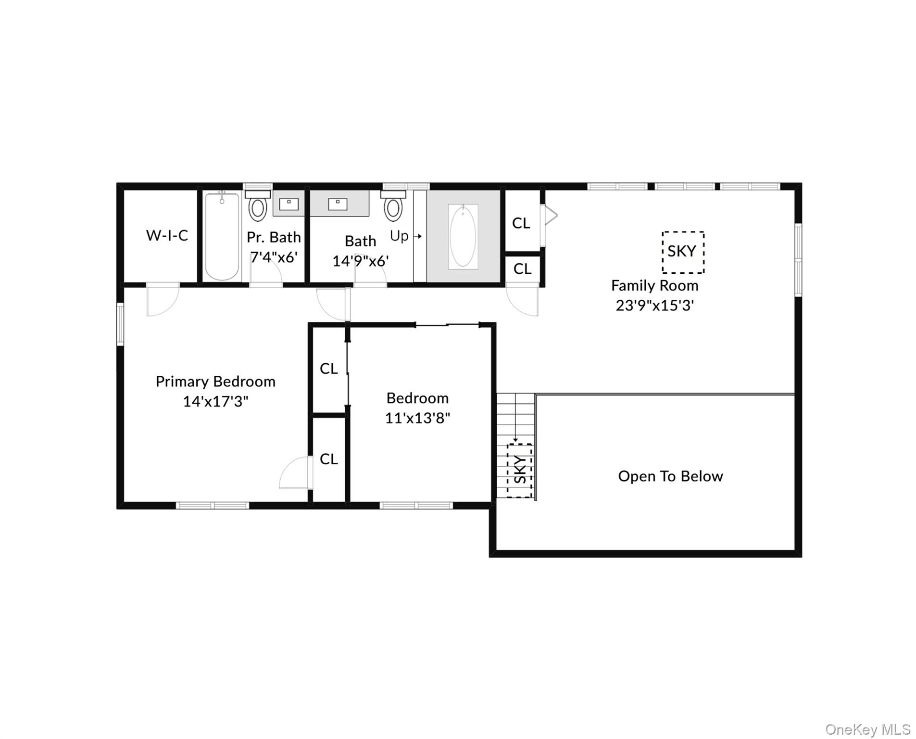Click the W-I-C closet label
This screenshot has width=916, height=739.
pyautogui.click(x=167, y=235)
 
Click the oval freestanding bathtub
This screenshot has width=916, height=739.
pyautogui.click(x=463, y=236)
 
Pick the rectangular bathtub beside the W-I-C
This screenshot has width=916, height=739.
pyautogui.click(x=222, y=236)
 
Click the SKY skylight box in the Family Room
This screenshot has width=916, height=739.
pyautogui.click(x=682, y=252)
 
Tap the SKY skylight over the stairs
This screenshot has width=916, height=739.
pyautogui.click(x=520, y=470)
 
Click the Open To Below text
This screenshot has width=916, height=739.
pyautogui.click(x=670, y=476)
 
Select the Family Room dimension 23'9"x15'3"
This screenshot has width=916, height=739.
pyautogui.click(x=654, y=306)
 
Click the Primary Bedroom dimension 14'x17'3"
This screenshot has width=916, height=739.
pyautogui.click(x=215, y=401)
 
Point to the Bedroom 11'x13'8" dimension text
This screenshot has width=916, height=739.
pyautogui.click(x=417, y=418)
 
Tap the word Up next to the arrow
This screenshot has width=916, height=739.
pyautogui.click(x=399, y=236)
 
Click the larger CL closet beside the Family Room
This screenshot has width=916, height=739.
pyautogui.click(x=521, y=223)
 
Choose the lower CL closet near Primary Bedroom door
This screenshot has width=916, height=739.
pyautogui.click(x=329, y=459)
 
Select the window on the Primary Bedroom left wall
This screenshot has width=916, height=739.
pyautogui.click(x=120, y=324)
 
